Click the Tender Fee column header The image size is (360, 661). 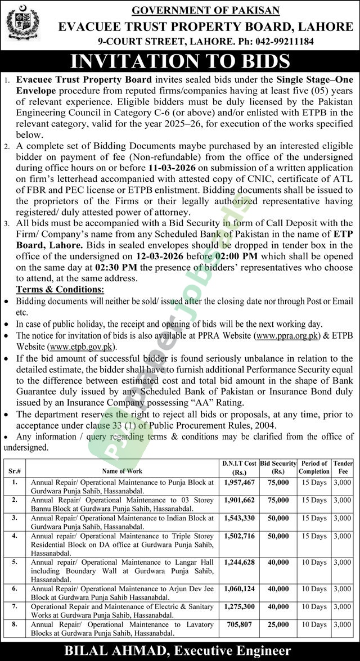pyautogui.click(x=342, y=467)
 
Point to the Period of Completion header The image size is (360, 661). pyautogui.click(x=314, y=467)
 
